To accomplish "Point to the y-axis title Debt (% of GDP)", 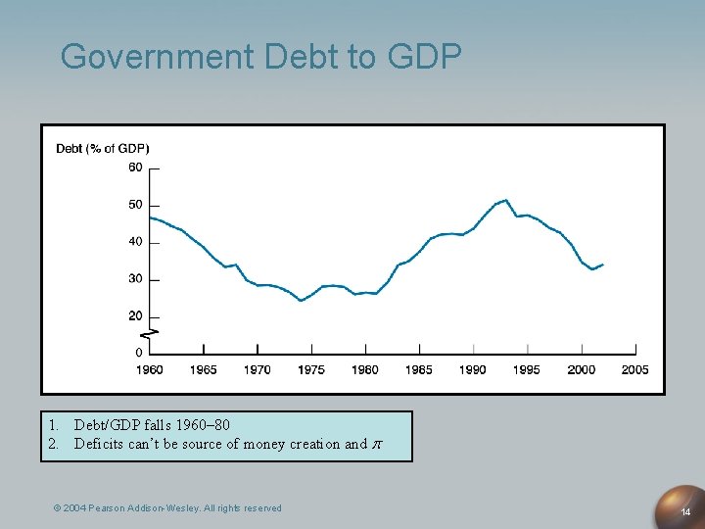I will pos(103,149).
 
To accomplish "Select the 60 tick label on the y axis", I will pos(135,168).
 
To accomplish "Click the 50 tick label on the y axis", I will pos(135,205).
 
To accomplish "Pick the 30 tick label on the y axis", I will pos(135,279).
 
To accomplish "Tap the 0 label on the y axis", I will pos(138,352).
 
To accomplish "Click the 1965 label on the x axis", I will pos(203,370).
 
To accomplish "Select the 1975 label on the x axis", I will pos(311,370).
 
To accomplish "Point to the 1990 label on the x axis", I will pos(473,370).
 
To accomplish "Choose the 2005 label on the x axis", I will pos(634,370).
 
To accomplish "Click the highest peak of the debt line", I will pos(505,200).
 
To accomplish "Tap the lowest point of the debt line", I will pos(301,301).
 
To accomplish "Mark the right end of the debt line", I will pos(603,264).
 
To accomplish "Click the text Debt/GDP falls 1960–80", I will pos(152,425).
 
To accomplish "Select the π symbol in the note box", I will pos(377,444).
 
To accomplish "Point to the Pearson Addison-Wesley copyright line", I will pos(167,507).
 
